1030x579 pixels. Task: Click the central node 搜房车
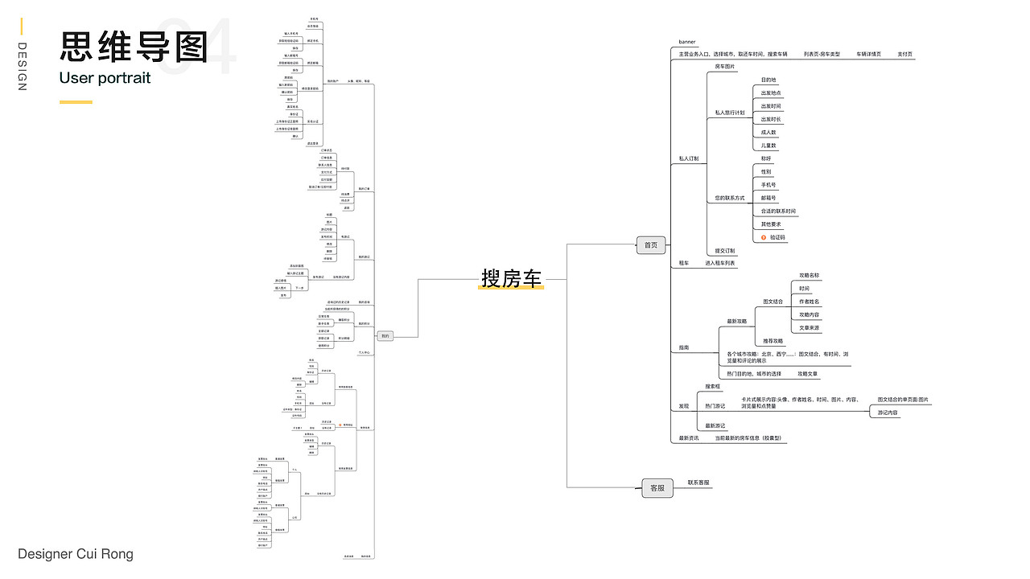coord(512,278)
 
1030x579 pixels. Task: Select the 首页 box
coord(650,245)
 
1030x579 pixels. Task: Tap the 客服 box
coord(657,487)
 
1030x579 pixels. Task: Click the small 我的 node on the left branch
coord(385,336)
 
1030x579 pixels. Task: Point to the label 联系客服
coord(698,482)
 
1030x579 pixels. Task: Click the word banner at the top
coord(687,42)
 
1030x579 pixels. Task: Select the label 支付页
coord(904,54)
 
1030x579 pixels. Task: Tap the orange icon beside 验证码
coord(764,237)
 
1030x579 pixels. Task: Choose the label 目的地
coord(768,80)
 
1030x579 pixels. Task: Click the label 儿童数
coord(768,146)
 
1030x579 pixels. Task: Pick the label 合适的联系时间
coord(778,211)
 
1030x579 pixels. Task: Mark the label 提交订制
coord(724,251)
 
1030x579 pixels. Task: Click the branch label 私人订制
coord(688,159)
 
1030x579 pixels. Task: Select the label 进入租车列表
coord(720,263)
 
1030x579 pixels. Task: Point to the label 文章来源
coord(809,328)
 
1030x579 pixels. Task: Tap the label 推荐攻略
coord(772,341)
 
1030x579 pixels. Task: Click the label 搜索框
coord(714,387)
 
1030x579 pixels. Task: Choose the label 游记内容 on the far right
coord(888,413)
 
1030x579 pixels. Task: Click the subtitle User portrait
coord(105,78)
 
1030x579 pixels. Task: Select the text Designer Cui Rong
coord(76,554)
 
